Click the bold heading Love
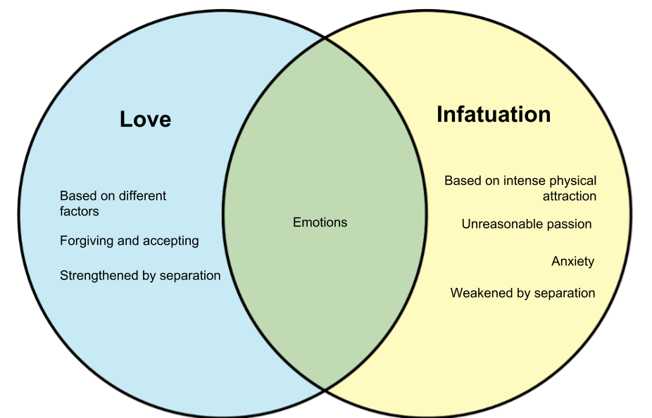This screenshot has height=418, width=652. coord(145,119)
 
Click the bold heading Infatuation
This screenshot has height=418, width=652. coord(494,114)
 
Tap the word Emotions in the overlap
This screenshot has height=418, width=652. coord(320,222)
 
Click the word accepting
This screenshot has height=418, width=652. coord(170,241)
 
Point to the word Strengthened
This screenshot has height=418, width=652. coord(99,275)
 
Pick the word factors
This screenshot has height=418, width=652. coord(79,211)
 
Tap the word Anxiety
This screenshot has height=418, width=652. coord(572,262)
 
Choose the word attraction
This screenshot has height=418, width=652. coord(569,196)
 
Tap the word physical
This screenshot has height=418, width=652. coord(570,181)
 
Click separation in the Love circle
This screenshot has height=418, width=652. coord(189,275)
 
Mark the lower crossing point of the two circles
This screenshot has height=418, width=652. coord(325,387)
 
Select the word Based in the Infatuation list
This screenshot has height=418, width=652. coord(461,181)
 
